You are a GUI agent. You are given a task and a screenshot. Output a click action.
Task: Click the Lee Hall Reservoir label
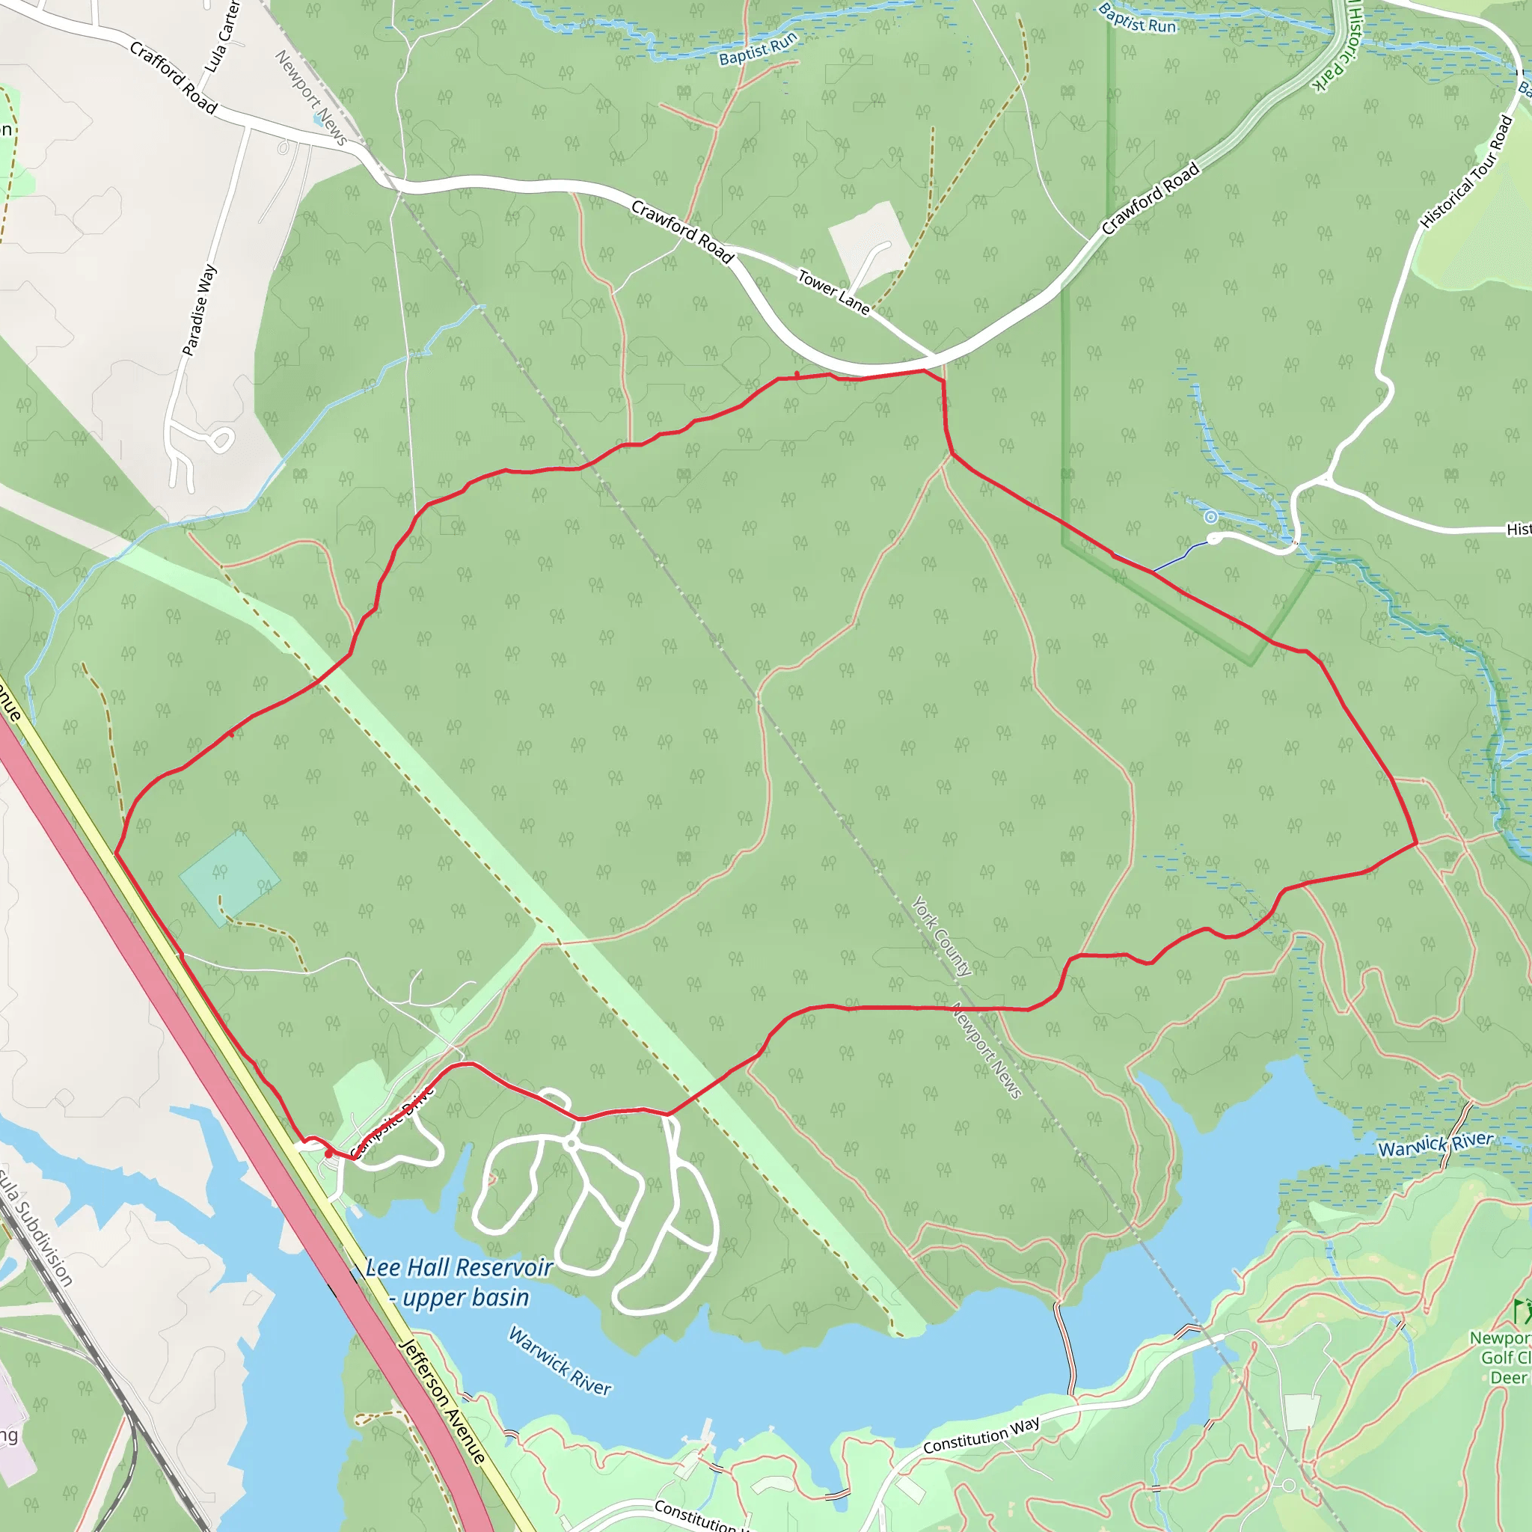tap(459, 1268)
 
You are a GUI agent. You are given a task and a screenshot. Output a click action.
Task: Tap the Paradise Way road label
tap(199, 310)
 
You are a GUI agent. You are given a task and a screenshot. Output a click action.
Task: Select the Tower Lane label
tap(833, 292)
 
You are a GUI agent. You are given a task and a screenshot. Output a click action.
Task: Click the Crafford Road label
tap(173, 77)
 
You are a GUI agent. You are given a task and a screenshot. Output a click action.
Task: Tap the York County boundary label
tap(941, 936)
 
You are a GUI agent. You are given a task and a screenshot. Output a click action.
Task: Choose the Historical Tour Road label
tap(1466, 172)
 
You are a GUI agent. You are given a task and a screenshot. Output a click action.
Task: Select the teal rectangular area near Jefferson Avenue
tap(229, 876)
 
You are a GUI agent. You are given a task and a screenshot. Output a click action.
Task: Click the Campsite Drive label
tap(393, 1123)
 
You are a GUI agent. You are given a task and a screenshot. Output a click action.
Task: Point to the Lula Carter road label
tap(221, 36)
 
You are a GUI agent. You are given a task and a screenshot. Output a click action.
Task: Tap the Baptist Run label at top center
tap(757, 49)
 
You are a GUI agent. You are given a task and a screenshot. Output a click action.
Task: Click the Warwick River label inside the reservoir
tap(560, 1361)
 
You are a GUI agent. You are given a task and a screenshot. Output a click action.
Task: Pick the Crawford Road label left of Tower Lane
tap(682, 230)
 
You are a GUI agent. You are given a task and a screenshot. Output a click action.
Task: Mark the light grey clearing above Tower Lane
tap(868, 242)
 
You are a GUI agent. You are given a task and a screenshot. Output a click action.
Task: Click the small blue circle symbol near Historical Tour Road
tap(1211, 518)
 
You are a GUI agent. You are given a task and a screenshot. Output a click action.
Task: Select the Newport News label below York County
tap(987, 1051)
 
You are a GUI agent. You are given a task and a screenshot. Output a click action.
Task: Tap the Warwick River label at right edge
tap(1436, 1145)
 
